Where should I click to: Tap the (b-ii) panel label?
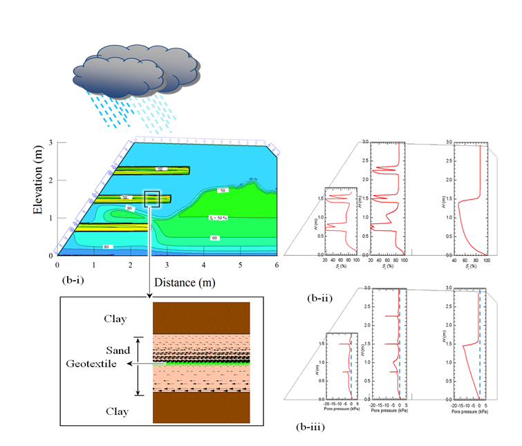[x=321, y=299]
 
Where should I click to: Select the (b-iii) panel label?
[x=312, y=427]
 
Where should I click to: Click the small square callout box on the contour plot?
[x=152, y=198]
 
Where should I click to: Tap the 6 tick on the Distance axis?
[x=277, y=264]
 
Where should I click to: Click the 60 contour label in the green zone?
[x=216, y=237]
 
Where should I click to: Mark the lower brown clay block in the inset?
[x=201, y=408]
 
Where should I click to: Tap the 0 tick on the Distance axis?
[x=57, y=264]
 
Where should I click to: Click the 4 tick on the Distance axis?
[x=204, y=264]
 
